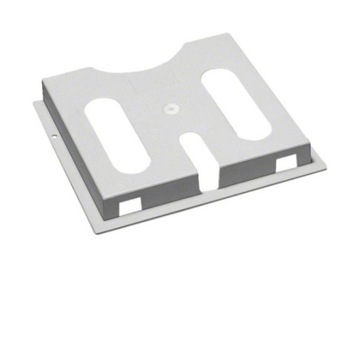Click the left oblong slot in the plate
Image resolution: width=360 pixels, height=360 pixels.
tap(118, 134)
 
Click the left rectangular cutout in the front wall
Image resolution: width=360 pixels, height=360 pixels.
tap(130, 204)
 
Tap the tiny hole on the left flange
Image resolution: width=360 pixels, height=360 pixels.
tap(53, 137)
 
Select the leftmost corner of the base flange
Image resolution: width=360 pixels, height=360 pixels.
tap(34, 102)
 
